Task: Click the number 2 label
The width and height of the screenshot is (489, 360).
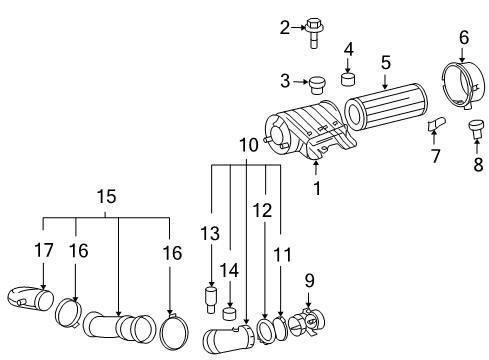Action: click(283, 28)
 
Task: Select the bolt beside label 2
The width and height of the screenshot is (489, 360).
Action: click(311, 29)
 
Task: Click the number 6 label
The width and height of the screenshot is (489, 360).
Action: click(463, 37)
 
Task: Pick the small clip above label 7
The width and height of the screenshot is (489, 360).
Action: click(435, 124)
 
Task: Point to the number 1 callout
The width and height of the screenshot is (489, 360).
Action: click(317, 186)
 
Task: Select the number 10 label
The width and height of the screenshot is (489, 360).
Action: click(247, 146)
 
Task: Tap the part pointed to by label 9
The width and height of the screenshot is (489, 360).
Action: click(309, 322)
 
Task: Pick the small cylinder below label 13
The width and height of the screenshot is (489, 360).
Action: click(211, 297)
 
